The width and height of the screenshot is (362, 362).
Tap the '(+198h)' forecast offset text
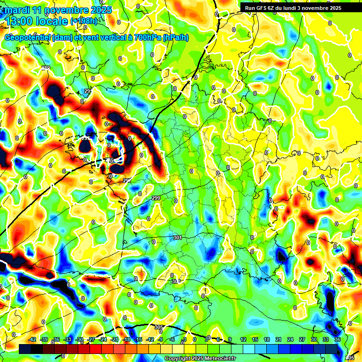83,21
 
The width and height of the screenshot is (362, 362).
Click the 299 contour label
156,198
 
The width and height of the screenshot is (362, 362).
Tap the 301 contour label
177,238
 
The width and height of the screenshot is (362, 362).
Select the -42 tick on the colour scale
33,339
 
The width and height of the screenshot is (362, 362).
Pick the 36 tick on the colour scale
337,339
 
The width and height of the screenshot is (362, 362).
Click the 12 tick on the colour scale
243,339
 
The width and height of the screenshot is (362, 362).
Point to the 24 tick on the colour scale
290,339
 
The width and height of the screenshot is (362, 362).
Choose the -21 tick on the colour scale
115,339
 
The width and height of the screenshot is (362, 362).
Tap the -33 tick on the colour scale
67,339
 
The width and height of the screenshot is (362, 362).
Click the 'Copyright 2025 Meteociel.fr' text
200,358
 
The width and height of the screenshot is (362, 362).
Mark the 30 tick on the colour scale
314,339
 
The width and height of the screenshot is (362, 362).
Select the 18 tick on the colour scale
267,339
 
